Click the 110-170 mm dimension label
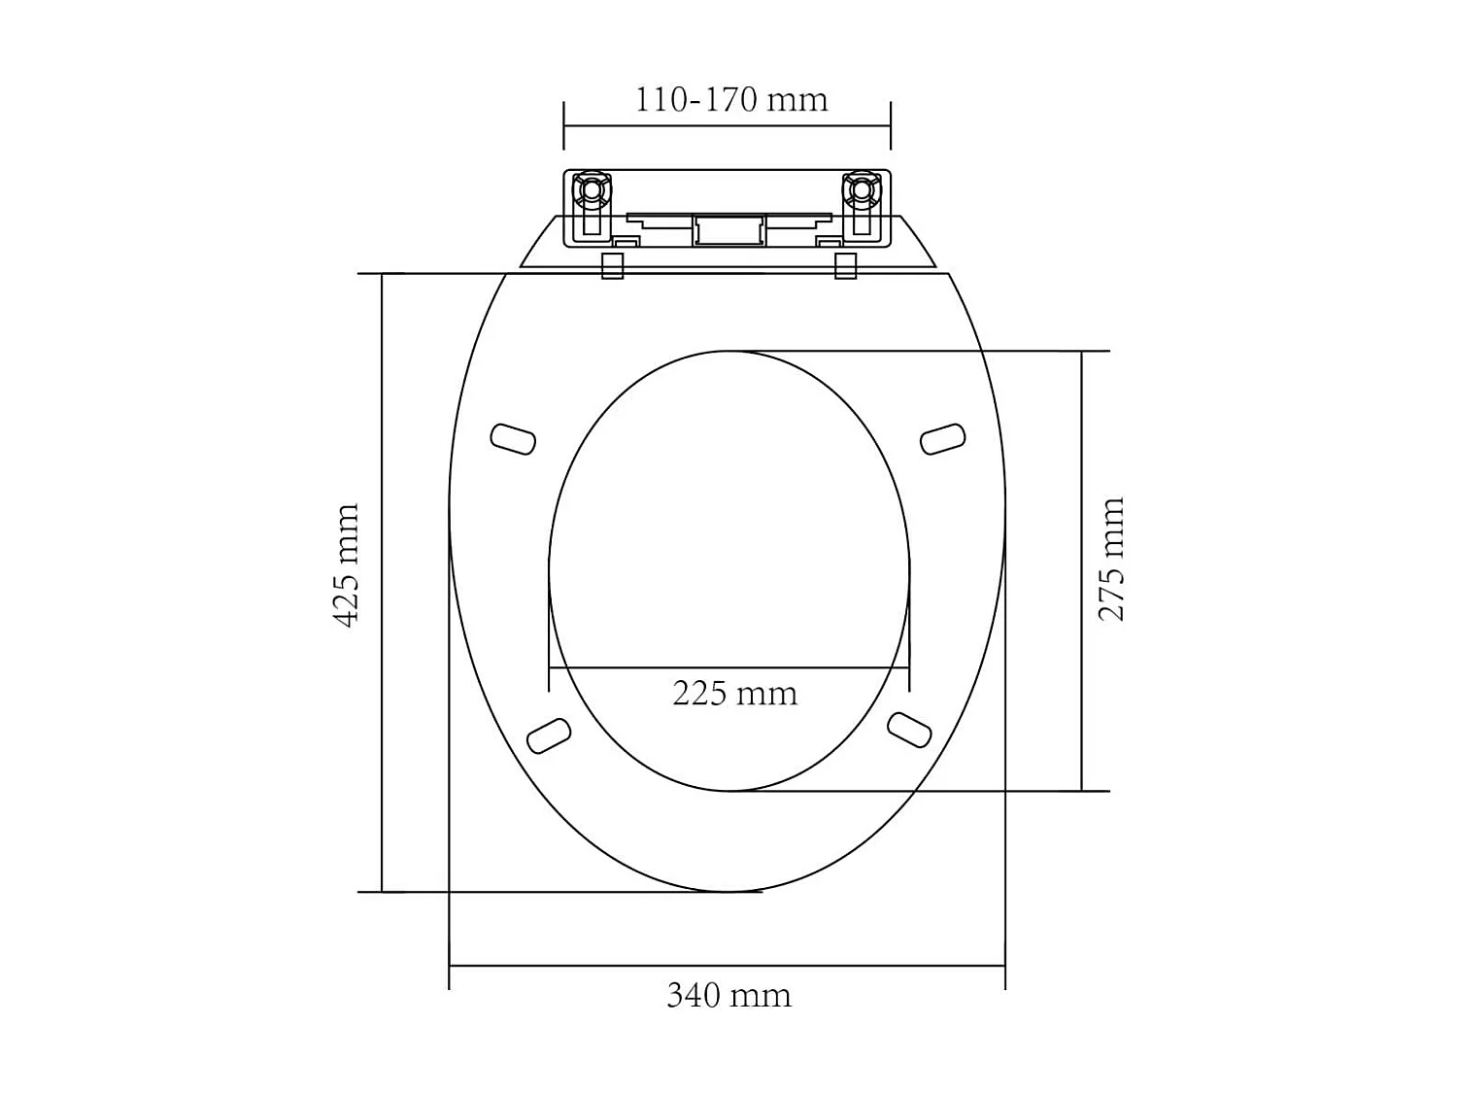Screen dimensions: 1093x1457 [730, 100]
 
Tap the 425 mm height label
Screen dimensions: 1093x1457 [347, 565]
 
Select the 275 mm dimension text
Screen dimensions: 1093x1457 [1111, 559]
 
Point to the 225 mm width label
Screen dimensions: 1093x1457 [734, 694]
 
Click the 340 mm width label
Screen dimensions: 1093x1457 [728, 996]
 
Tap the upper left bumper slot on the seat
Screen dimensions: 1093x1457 [513, 439]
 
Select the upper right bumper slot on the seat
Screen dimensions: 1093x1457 [942, 438]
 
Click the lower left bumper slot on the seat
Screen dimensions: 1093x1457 [548, 734]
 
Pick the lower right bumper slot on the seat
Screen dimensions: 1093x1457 [909, 730]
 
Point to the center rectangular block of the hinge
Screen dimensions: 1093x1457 [727, 229]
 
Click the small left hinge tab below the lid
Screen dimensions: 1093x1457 [612, 265]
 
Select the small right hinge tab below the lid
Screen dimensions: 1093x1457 [846, 265]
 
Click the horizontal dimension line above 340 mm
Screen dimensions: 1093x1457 [727, 966]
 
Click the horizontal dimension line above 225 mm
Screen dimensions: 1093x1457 [728, 667]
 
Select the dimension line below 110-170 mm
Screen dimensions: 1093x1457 [727, 125]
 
